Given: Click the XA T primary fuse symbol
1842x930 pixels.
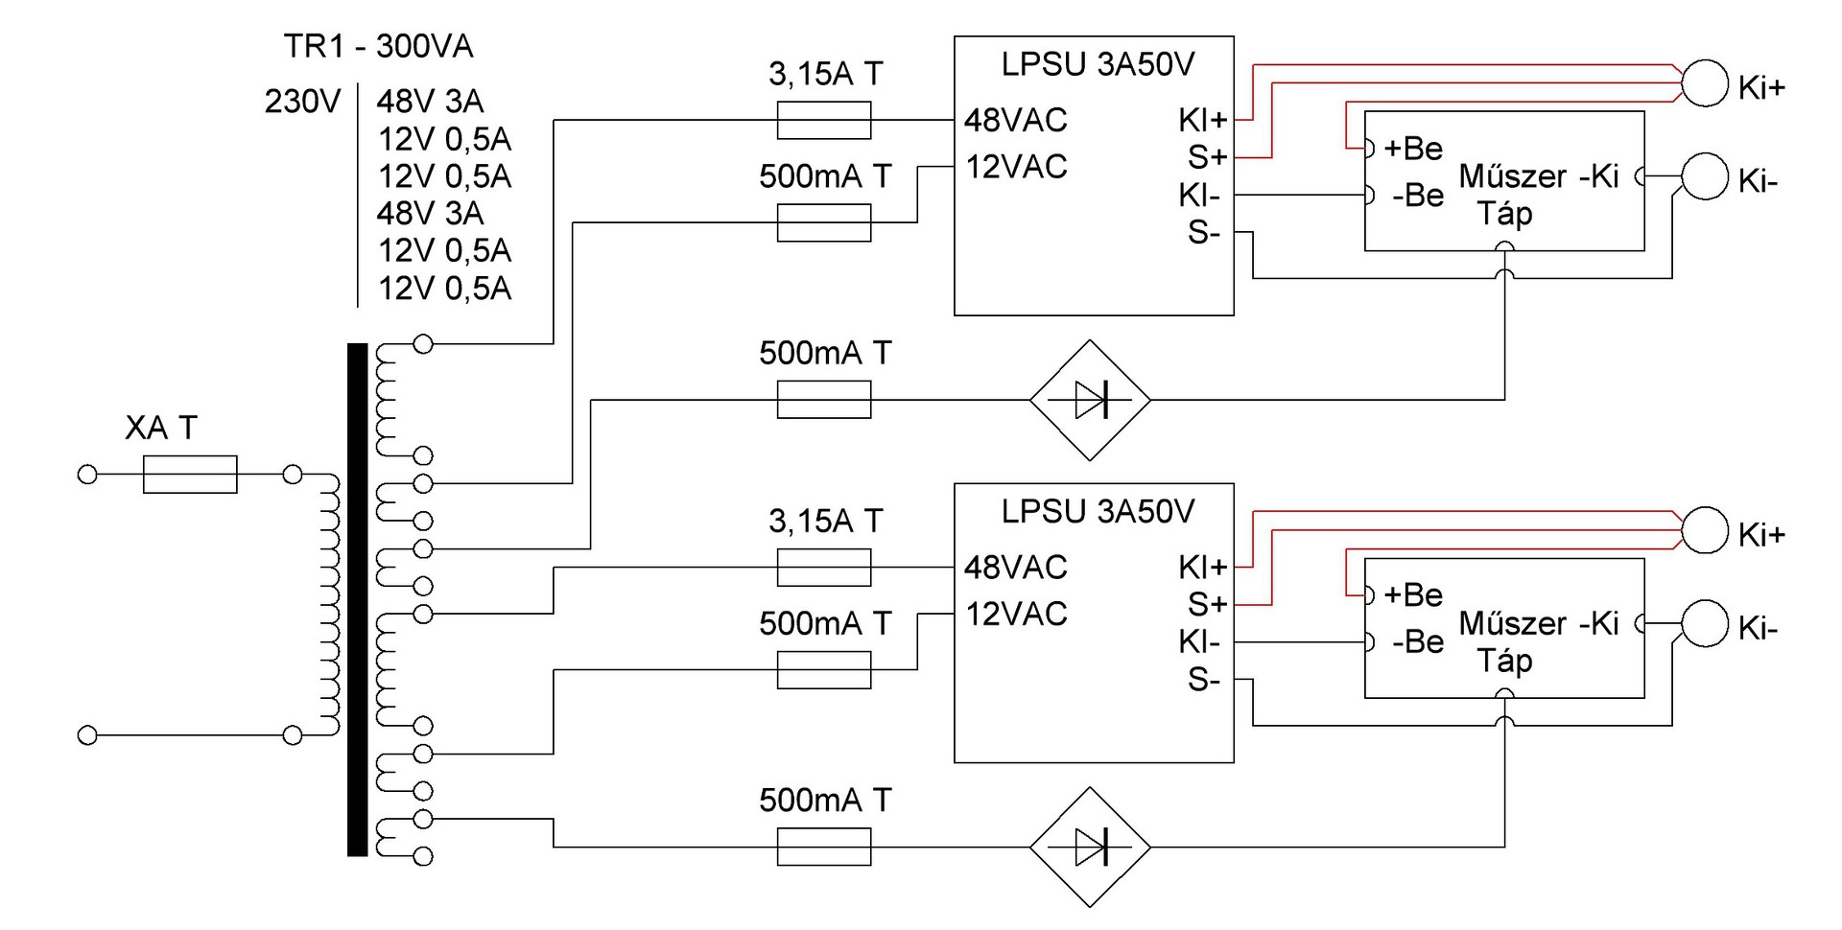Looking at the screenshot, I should point(190,475).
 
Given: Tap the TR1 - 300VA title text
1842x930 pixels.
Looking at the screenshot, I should point(378,46).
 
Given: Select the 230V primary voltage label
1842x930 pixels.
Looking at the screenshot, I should point(302,102).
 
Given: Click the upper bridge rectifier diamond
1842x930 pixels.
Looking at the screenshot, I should point(1090,400).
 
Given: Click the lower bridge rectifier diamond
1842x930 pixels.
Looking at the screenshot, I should point(1090,848).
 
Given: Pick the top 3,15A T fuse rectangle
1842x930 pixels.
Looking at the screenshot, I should point(824,121).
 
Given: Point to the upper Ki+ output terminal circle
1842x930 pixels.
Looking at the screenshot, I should point(1705,83).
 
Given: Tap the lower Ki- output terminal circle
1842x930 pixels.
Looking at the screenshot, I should point(1705,624).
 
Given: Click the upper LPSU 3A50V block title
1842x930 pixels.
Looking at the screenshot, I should point(1098,64).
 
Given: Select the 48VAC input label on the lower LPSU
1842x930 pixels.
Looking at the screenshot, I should point(1015,568).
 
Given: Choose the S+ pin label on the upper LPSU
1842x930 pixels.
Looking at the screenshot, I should point(1207,156).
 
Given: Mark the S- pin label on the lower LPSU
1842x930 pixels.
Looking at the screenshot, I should point(1204,680).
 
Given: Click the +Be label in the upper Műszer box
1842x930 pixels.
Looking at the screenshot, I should point(1413,149).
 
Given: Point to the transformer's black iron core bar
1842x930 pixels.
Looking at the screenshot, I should point(358,599).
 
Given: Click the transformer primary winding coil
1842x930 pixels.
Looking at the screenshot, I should point(329,604).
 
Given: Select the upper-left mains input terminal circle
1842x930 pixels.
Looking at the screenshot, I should point(87,475).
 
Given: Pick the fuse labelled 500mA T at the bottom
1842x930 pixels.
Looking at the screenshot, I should point(824,848).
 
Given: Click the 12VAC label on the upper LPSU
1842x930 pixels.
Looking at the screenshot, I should point(1016,167).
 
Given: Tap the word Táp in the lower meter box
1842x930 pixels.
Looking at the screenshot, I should point(1504,662).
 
